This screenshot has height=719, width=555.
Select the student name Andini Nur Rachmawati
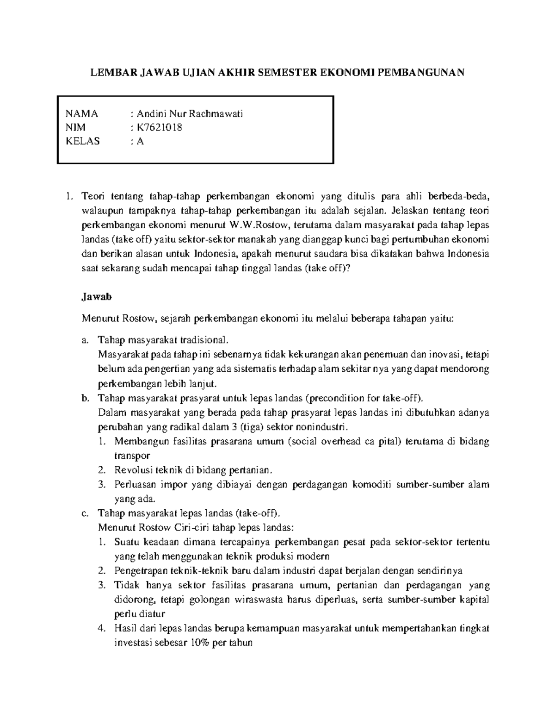190,114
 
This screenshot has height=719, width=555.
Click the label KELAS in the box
83,141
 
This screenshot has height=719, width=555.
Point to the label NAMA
82,114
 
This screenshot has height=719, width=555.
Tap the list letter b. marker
85,398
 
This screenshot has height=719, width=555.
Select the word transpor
132,456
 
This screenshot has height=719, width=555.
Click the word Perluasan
135,485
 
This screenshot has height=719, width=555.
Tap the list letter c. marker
84,513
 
